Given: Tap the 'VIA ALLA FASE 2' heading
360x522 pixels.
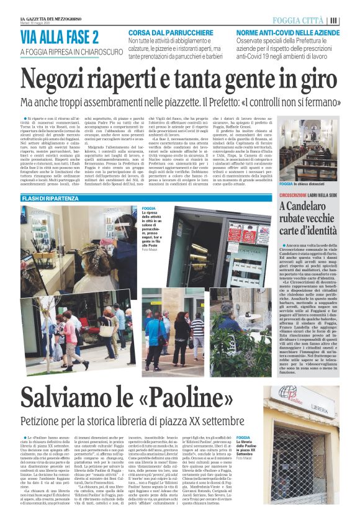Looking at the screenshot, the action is (59, 38).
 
